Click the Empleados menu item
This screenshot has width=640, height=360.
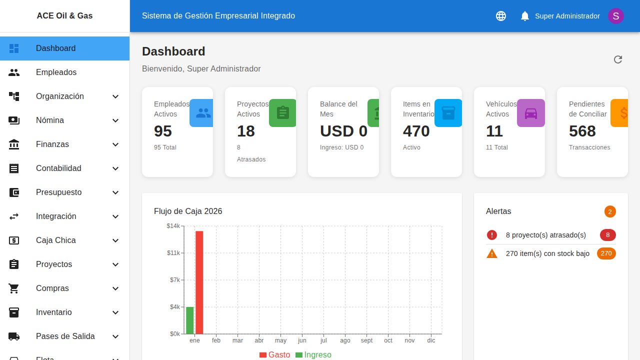click(x=56, y=72)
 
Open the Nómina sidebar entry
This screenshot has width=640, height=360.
click(x=50, y=120)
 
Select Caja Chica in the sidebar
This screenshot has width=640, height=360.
click(x=56, y=240)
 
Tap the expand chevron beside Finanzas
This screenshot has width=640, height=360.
click(x=115, y=144)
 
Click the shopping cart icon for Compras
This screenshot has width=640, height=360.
click(x=14, y=288)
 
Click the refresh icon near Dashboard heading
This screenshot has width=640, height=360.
click(x=618, y=59)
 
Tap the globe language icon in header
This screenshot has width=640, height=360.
click(x=501, y=16)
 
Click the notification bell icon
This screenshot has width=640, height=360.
click(x=524, y=16)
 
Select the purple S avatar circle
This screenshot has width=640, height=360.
click(x=615, y=16)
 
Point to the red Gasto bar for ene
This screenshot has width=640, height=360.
click(x=199, y=282)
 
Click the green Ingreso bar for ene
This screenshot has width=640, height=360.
click(x=190, y=320)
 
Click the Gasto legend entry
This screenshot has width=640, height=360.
click(x=274, y=354)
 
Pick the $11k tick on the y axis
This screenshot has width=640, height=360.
click(x=173, y=253)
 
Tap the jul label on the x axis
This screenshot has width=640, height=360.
click(x=323, y=340)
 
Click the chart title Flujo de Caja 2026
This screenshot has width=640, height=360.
click(x=188, y=211)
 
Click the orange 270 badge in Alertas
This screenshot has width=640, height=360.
click(x=606, y=253)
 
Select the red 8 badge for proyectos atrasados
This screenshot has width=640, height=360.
click(x=607, y=235)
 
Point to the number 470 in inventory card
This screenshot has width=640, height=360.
click(x=416, y=131)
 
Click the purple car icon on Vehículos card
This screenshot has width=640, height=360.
click(x=530, y=113)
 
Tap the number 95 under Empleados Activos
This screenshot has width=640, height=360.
click(x=163, y=131)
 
